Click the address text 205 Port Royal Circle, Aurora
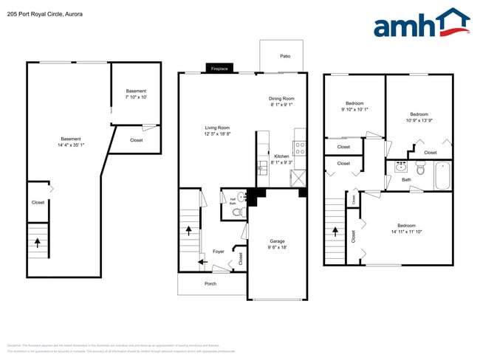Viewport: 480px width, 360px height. coord(45,14)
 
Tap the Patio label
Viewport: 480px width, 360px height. coord(284,56)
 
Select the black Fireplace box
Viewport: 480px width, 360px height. coord(219,69)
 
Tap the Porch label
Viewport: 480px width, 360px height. coord(210,283)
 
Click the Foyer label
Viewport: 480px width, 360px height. coord(219,252)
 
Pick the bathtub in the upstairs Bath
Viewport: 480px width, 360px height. coord(442,175)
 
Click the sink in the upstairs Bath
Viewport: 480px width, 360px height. coord(401,165)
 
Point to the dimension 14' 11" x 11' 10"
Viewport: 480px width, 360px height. coord(407,232)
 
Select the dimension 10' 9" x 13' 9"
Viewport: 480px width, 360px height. coord(419,120)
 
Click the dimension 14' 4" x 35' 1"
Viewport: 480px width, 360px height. coord(71,145)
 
